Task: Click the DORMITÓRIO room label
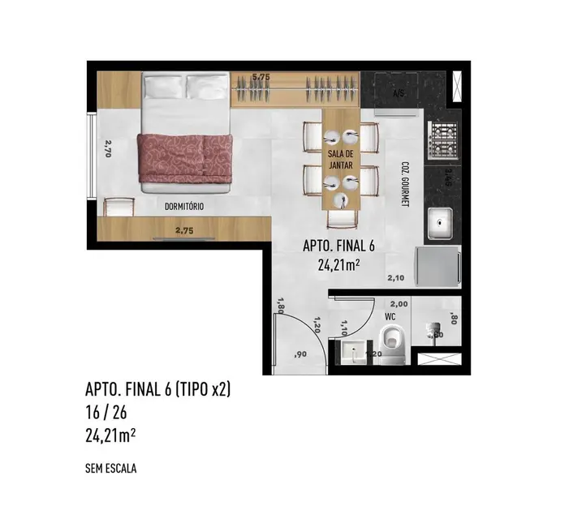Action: point(183,207)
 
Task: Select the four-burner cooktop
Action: point(444,139)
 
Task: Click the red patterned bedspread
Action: point(185,158)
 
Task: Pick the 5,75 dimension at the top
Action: point(261,77)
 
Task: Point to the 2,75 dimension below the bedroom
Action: point(183,230)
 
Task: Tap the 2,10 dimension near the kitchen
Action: point(396,278)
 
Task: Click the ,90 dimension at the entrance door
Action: point(300,355)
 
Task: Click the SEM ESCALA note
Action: point(111,468)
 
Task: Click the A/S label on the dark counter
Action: point(399,94)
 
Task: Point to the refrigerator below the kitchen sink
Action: point(438,266)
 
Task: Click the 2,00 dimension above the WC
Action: point(400,302)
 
